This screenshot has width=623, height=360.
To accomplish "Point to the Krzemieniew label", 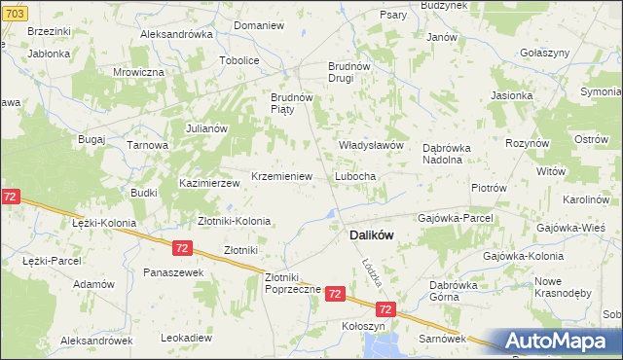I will [281, 177].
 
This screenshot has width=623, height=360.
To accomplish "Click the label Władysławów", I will [370, 145].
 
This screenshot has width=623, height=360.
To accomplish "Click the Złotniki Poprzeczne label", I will [287, 283].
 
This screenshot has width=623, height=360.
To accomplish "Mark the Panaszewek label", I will [173, 272].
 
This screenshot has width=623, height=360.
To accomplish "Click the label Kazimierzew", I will [209, 183].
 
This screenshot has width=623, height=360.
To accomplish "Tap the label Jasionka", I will [512, 96].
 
